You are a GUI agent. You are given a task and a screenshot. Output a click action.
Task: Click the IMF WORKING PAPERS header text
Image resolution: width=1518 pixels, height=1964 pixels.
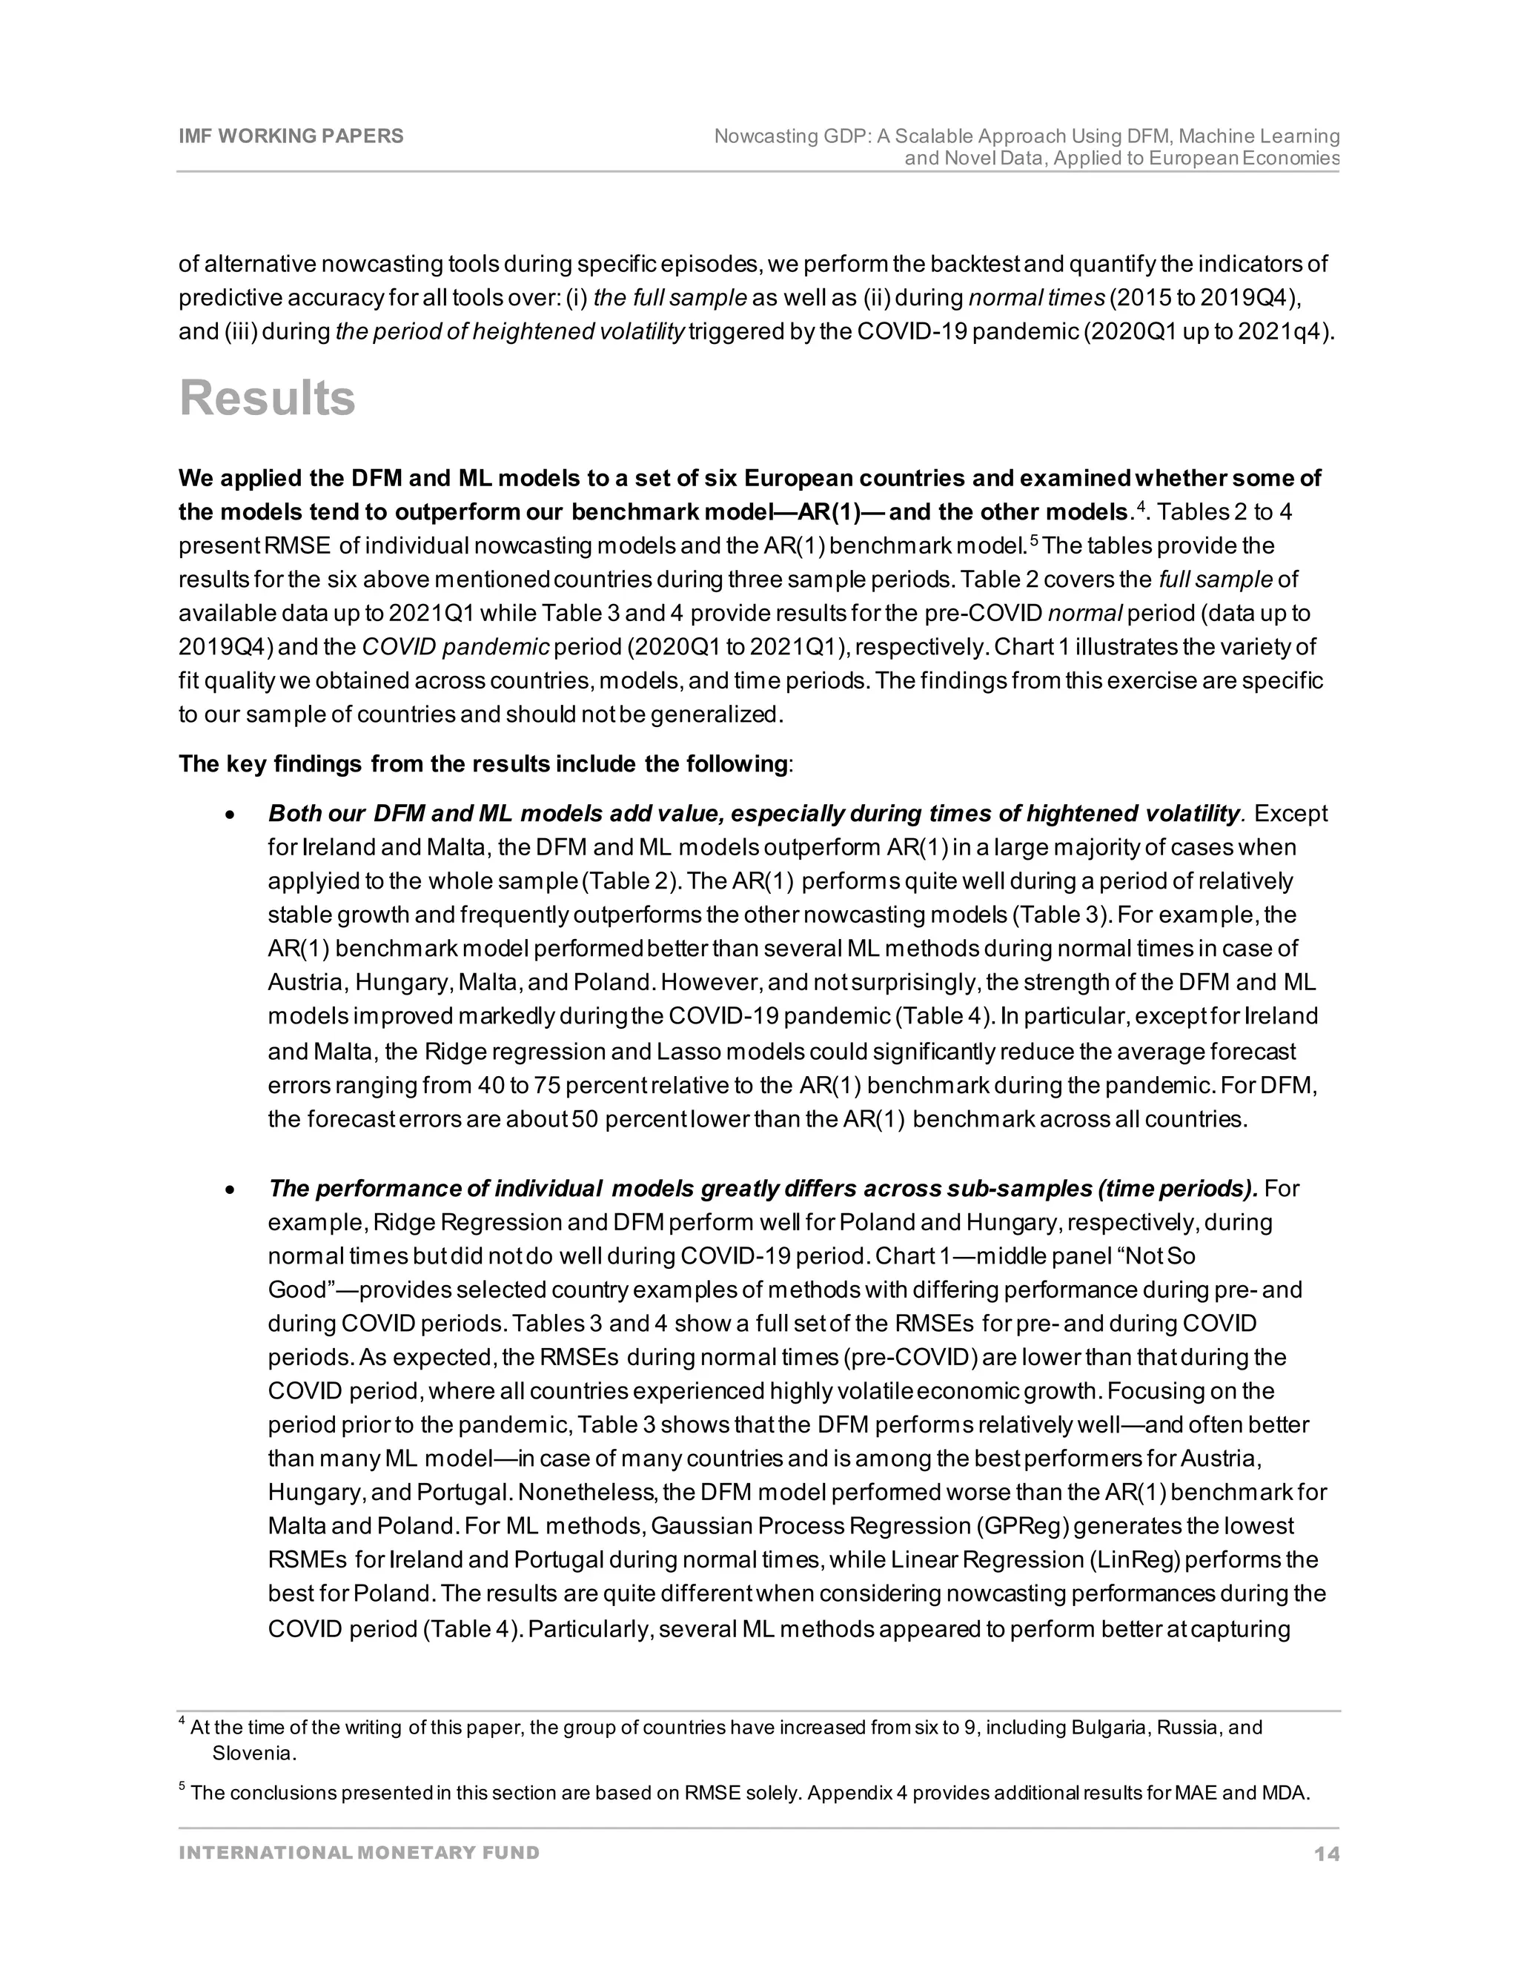291,136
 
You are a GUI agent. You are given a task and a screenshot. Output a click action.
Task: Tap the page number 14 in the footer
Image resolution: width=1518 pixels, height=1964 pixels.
1325,1854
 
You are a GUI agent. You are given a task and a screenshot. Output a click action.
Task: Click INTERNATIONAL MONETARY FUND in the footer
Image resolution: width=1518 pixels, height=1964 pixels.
359,1854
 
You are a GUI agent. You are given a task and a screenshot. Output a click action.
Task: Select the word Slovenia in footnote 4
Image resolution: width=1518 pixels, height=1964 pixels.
253,1754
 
